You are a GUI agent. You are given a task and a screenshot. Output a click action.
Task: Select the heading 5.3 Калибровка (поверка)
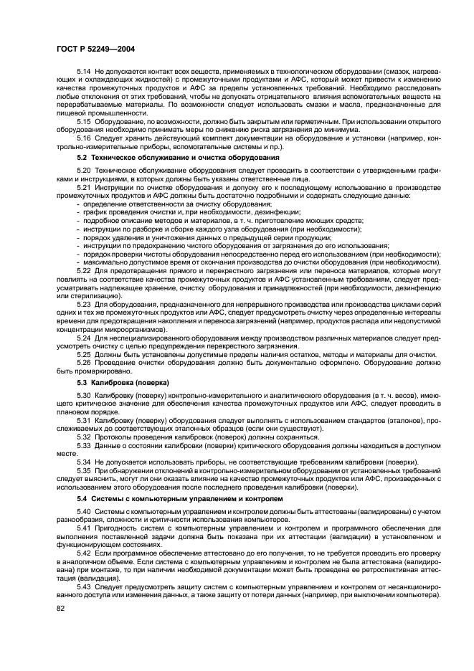click(x=123, y=383)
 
